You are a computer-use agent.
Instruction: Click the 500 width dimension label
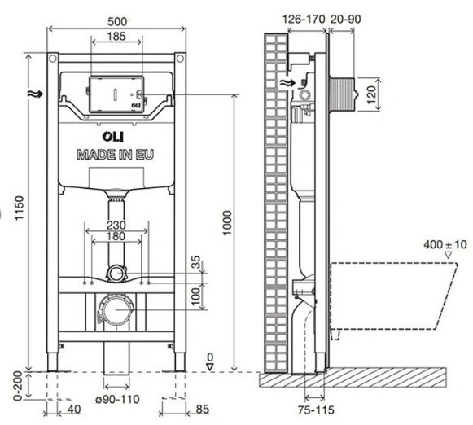pyautogui.click(x=117, y=22)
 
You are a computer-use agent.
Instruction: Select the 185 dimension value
pyautogui.click(x=116, y=37)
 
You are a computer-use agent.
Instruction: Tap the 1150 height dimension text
pyautogui.click(x=20, y=208)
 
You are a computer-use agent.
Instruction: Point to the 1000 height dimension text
pyautogui.click(x=227, y=223)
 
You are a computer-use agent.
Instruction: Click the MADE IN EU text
pyautogui.click(x=116, y=155)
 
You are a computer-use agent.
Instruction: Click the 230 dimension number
pyautogui.click(x=116, y=226)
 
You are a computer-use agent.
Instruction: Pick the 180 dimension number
pyautogui.click(x=116, y=236)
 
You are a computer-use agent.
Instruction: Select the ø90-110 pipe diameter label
pyautogui.click(x=117, y=400)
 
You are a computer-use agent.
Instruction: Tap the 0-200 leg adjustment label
pyautogui.click(x=18, y=386)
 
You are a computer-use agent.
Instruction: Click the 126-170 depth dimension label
pyautogui.click(x=304, y=20)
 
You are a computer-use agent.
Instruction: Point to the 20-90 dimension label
pyautogui.click(x=346, y=20)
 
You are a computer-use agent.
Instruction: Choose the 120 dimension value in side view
pyautogui.click(x=371, y=94)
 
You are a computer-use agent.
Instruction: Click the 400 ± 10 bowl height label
pyautogui.click(x=445, y=244)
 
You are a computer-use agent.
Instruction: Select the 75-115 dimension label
pyautogui.click(x=316, y=410)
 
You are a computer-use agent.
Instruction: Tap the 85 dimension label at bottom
pyautogui.click(x=203, y=410)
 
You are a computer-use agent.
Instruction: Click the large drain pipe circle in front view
pyautogui.click(x=116, y=309)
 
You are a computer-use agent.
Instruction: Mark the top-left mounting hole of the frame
pyautogui.click(x=52, y=59)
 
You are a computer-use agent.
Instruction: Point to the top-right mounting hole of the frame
pyautogui.click(x=180, y=59)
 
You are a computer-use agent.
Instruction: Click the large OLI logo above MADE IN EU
pyautogui.click(x=113, y=136)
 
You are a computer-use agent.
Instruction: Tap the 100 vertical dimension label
pyautogui.click(x=195, y=296)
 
